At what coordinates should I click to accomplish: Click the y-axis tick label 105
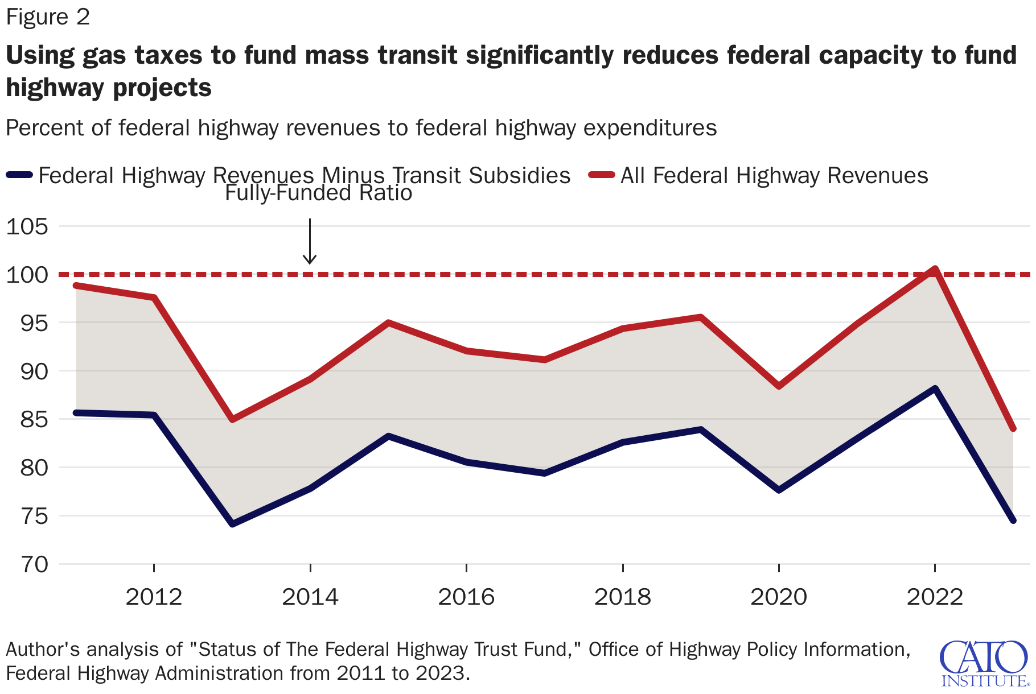[x=27, y=226]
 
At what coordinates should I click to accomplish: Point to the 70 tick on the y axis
[x=27, y=564]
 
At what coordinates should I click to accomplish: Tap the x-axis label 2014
[x=310, y=597]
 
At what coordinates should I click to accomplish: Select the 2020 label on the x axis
[x=778, y=597]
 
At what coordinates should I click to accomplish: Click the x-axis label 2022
[x=934, y=597]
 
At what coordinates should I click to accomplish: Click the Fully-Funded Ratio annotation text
[x=318, y=193]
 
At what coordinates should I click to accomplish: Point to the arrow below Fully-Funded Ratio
[x=309, y=242]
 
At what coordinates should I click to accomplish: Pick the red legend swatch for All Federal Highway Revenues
[x=601, y=175]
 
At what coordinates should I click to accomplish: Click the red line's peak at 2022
[x=934, y=269]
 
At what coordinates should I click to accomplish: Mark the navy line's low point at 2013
[x=232, y=523]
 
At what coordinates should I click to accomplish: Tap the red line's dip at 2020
[x=778, y=387]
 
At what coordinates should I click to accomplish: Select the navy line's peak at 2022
[x=934, y=389]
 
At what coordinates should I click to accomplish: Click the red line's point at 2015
[x=388, y=323]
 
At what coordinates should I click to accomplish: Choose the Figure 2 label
[x=48, y=17]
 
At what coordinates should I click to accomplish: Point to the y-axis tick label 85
[x=27, y=419]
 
